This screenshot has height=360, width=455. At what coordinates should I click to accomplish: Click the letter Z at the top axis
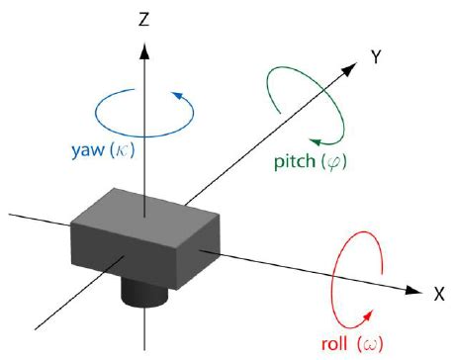[x=145, y=19]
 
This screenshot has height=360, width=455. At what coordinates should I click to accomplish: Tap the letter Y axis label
[x=377, y=58]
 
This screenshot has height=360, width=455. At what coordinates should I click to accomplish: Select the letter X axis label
[x=438, y=294]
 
